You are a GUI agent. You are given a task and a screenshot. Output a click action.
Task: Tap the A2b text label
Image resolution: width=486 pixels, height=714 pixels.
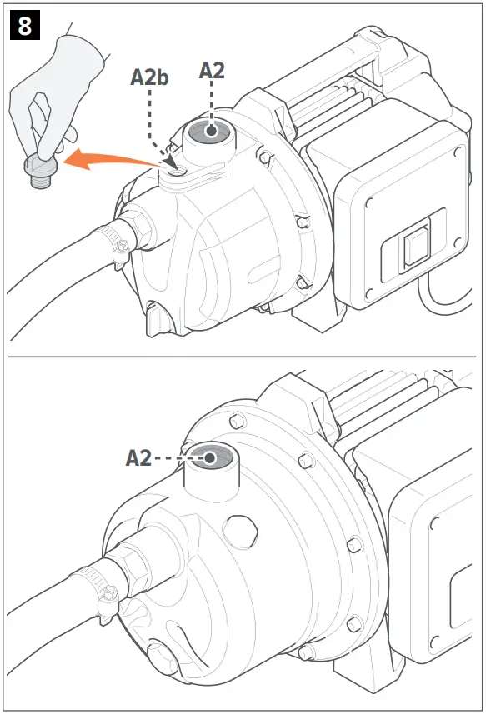150,77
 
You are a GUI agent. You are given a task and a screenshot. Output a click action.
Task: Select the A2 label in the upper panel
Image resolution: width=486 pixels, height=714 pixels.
212,70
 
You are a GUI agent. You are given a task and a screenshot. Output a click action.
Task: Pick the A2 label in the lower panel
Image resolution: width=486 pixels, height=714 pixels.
138,457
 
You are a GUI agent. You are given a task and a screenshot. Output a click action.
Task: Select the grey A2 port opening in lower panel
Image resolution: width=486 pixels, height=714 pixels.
210,457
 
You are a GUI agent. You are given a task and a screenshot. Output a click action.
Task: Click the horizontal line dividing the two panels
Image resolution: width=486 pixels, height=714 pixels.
242,357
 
